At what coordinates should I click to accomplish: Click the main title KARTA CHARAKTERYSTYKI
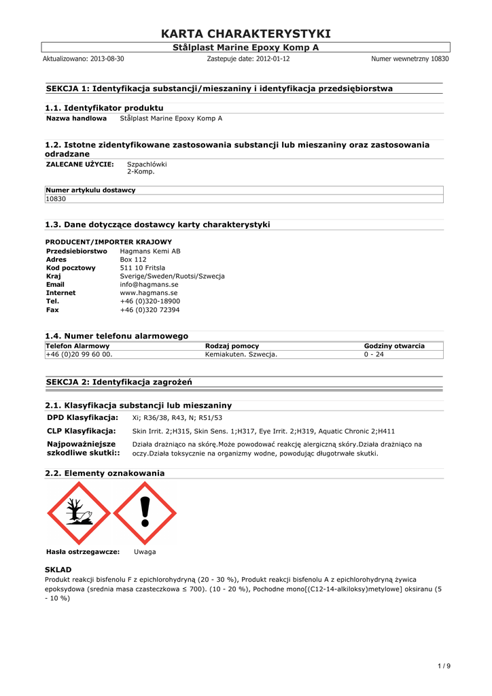coord(246,34)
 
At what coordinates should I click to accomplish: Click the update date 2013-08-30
coord(107,59)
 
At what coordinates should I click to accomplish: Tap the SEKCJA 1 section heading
coord(219,88)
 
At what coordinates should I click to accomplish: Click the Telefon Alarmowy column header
coord(77,346)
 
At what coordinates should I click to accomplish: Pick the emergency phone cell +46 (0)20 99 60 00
coord(79,355)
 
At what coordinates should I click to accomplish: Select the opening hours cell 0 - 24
coord(374,355)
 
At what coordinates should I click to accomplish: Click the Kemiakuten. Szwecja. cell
coord(241,355)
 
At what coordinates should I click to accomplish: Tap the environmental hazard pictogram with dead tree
coord(78,513)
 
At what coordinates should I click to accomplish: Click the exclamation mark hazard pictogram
coord(144,513)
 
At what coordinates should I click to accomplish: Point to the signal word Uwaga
coord(145,552)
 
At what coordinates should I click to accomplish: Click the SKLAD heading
coord(58,569)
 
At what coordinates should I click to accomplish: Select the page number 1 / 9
coord(444,665)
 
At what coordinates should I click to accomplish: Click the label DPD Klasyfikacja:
coord(82,417)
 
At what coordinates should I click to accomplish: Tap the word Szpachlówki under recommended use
coord(147,164)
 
